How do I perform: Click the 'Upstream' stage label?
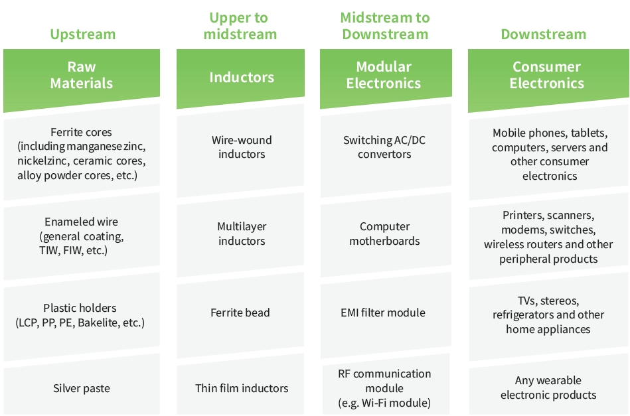(x=82, y=35)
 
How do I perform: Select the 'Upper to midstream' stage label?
(x=240, y=26)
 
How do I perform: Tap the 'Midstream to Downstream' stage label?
(x=384, y=26)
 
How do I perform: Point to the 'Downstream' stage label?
(x=543, y=35)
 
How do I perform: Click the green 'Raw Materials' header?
(x=82, y=75)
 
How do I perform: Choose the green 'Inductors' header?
(x=241, y=77)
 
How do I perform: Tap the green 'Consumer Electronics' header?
(x=546, y=75)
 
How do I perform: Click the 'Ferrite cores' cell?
(x=82, y=154)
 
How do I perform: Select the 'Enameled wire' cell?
(x=82, y=236)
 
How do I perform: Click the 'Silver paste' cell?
(x=82, y=388)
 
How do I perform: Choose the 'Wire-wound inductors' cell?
(x=242, y=147)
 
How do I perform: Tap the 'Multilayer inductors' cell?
(x=242, y=234)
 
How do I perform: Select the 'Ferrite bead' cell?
(x=240, y=312)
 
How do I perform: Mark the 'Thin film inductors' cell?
(x=242, y=388)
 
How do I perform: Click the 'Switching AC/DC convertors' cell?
(x=384, y=147)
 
